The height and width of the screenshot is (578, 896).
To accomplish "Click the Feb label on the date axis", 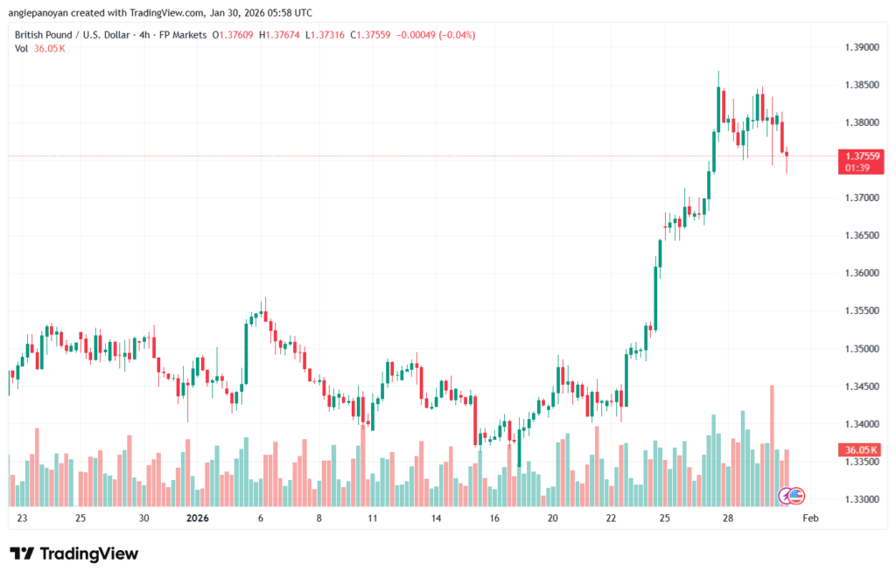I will (810, 519).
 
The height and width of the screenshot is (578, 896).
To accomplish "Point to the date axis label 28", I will (727, 519).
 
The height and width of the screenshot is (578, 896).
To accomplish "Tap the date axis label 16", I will (494, 519).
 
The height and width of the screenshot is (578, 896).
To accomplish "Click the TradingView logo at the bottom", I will (74, 554).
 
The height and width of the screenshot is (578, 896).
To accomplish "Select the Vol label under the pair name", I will (22, 48).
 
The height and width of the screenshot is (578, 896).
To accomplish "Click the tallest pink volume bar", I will (772, 444).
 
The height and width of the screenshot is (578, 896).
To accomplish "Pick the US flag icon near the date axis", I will (796, 496).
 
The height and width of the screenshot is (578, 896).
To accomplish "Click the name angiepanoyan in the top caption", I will (45, 13).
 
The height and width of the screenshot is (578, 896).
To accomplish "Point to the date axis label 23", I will (22, 519).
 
